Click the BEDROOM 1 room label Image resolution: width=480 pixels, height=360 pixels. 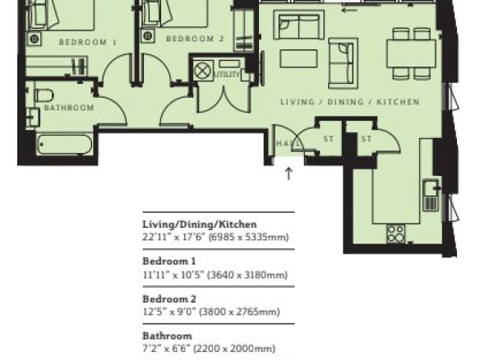[88, 42]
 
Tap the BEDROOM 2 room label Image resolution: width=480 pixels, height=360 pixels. [195, 39]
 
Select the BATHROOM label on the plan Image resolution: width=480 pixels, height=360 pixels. [69, 108]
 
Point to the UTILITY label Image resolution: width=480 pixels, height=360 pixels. [227, 75]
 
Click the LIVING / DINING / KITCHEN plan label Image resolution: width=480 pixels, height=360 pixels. [350, 102]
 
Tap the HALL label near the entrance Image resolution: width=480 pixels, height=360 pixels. [288, 143]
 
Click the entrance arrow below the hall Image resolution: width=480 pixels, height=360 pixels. [288, 173]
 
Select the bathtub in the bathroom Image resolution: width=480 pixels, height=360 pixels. [64, 144]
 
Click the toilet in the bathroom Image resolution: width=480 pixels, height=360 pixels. [44, 95]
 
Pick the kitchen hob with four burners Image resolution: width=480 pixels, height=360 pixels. [395, 234]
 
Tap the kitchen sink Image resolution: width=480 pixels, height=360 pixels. [431, 195]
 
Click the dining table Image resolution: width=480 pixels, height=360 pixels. [412, 53]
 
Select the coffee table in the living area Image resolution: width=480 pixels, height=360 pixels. [298, 58]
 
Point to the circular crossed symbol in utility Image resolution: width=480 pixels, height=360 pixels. [204, 71]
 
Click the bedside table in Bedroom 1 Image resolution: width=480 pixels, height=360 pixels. [34, 39]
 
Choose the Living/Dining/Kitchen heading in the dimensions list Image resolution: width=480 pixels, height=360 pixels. [200, 224]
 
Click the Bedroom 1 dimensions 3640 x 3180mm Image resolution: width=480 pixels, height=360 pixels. [247, 275]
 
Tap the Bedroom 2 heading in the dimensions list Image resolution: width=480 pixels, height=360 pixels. [169, 299]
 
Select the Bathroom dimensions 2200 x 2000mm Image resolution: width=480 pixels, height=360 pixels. [235, 348]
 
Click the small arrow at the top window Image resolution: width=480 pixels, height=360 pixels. [349, 11]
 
